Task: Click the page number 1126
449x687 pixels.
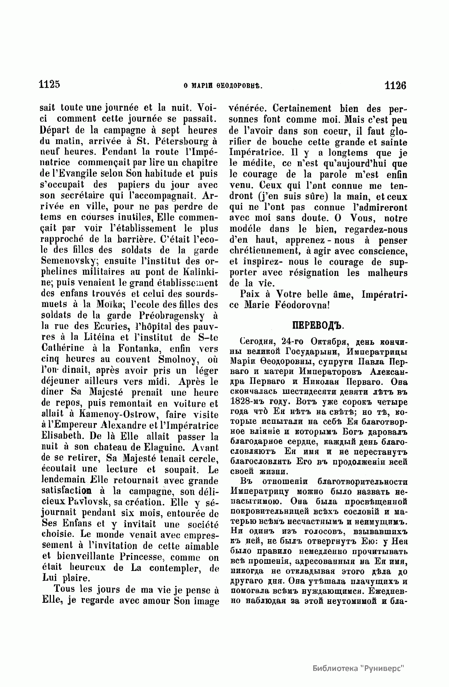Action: (395, 85)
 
